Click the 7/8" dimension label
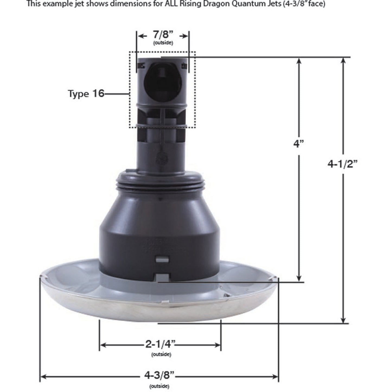point(163,35)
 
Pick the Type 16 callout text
point(86,94)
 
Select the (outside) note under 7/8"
point(163,43)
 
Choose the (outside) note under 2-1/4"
point(161,354)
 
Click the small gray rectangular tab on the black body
point(162,259)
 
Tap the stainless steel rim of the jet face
point(160,312)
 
